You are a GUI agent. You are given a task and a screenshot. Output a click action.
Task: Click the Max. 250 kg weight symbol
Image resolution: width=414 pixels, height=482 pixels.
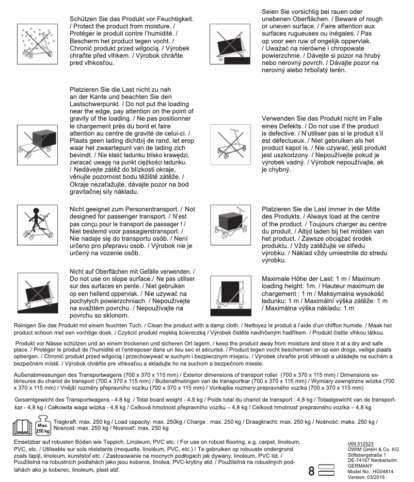43,427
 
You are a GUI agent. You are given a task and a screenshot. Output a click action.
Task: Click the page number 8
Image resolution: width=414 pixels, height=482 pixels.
311,471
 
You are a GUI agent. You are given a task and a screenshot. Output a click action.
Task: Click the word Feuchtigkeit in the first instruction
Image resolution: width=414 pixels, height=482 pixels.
173,19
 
